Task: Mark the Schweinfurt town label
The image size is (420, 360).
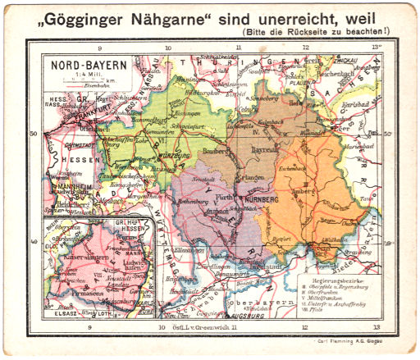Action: click(x=187, y=127)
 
